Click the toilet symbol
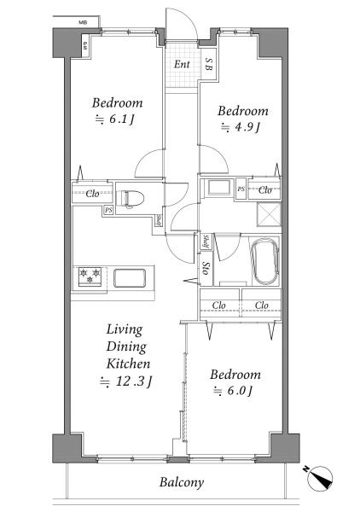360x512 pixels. coord(131,199)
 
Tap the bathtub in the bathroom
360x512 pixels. coord(266,261)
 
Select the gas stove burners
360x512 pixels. coord(90,276)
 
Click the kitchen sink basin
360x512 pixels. coord(130,278)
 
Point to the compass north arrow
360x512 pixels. coord(320,479)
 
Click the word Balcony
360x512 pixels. coord(182,482)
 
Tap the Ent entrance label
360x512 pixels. coord(182,64)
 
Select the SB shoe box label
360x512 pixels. coord(208,64)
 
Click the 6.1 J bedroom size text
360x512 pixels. coord(114,119)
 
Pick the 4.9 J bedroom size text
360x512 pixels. coord(241,127)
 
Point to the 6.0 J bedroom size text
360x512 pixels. coord(233,391)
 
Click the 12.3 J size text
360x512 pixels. coord(125,381)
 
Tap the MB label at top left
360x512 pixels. coord(83,22)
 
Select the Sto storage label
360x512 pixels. coord(206,268)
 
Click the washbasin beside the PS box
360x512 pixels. coord(219,188)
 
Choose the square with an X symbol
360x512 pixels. coord(269,214)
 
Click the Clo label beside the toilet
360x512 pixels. coord(92,194)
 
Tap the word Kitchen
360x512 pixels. coord(128,364)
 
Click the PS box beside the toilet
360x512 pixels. coord(108,211)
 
